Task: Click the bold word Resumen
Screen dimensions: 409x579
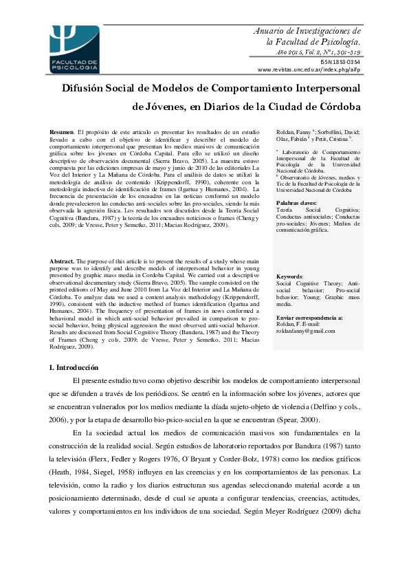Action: (62, 131)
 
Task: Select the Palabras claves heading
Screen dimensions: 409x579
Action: (296, 204)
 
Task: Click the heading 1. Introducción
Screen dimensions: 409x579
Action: (74, 368)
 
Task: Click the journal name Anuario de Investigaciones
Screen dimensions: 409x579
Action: (307, 31)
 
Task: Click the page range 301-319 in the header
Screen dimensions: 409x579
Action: (344, 52)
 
